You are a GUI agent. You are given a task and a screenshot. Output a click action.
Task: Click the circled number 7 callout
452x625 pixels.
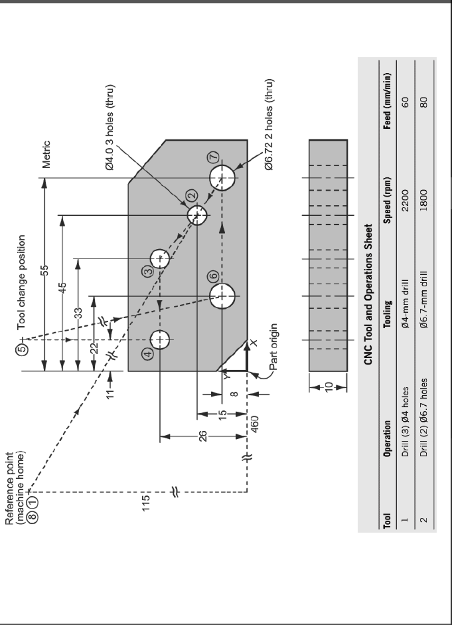pyautogui.click(x=214, y=157)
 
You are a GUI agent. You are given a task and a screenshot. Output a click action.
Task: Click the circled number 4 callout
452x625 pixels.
pyautogui.click(x=147, y=354)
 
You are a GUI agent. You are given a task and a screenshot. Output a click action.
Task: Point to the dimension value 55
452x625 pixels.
pyautogui.click(x=45, y=270)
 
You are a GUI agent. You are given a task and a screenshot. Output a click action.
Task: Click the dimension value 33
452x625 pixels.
pyautogui.click(x=78, y=313)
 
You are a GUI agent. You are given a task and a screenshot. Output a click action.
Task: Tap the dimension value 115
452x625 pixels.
pyautogui.click(x=146, y=503)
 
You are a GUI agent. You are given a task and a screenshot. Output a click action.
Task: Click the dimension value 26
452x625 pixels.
pyautogui.click(x=203, y=436)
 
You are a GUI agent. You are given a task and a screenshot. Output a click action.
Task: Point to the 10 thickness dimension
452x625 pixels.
pyautogui.click(x=328, y=387)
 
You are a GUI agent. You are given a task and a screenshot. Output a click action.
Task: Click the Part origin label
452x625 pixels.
pyautogui.click(x=274, y=347)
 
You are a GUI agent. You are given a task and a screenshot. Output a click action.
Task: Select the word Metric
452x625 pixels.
pyautogui.click(x=46, y=155)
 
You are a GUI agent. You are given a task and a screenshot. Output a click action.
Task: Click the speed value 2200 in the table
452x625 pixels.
pyautogui.click(x=405, y=200)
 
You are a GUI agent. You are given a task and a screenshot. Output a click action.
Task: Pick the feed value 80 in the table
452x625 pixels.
pyautogui.click(x=424, y=102)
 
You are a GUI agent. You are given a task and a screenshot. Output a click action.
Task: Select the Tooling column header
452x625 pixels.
pyautogui.click(x=387, y=314)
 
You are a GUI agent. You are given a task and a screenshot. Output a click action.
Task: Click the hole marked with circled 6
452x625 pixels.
pyautogui.click(x=222, y=296)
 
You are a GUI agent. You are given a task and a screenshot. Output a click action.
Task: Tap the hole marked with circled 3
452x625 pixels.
pyautogui.click(x=160, y=258)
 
